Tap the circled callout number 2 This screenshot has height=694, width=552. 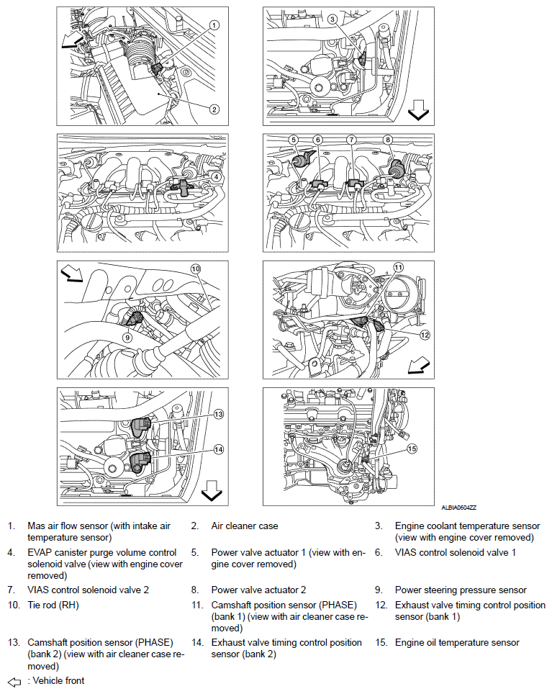[214, 110]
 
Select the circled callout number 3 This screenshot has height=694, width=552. [332, 19]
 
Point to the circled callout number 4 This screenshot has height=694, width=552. [216, 176]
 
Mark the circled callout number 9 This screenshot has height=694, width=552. [127, 336]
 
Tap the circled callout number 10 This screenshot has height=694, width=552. [194, 269]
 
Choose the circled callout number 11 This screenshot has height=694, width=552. [398, 268]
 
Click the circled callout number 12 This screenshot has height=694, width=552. [425, 335]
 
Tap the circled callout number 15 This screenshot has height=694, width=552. [412, 449]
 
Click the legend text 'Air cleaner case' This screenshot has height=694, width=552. [245, 526]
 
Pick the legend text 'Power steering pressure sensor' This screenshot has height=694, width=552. [461, 590]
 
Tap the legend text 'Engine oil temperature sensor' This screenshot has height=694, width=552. [457, 642]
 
